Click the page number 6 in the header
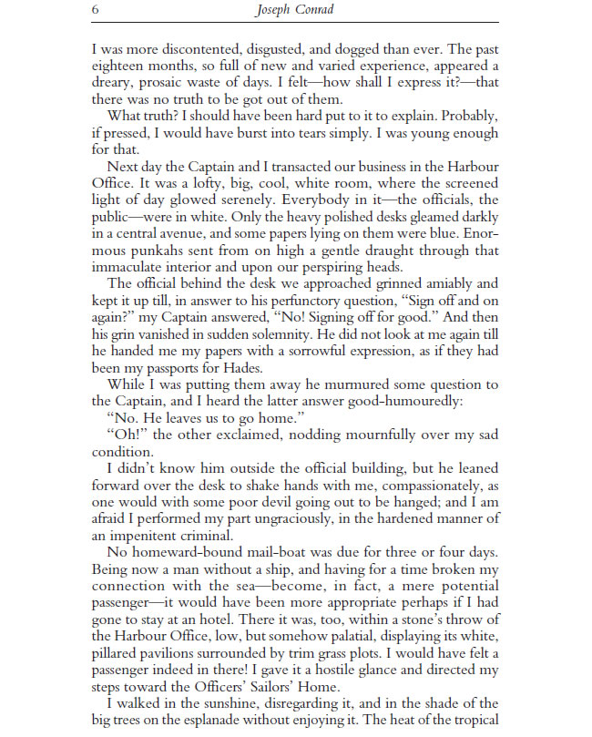click(x=96, y=11)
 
